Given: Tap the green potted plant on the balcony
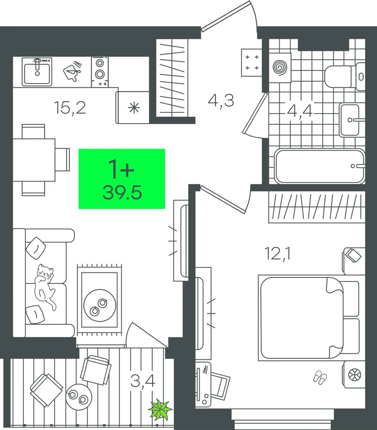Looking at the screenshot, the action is coord(160,408).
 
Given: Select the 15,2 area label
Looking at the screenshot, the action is coord(70,108).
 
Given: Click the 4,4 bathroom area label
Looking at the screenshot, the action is coord(300,111).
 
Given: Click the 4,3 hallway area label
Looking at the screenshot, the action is coord(221,101).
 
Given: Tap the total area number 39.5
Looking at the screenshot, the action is coord(122,193).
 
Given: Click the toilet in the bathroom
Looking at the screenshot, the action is coord(345,76).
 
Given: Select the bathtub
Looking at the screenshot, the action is coord(320,166).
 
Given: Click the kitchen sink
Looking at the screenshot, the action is coord(37,72).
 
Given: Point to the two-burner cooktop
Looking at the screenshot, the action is coord(100,72).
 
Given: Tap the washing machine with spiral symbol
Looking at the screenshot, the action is coord(280,68).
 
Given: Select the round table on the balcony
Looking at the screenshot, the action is coord(79,397).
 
